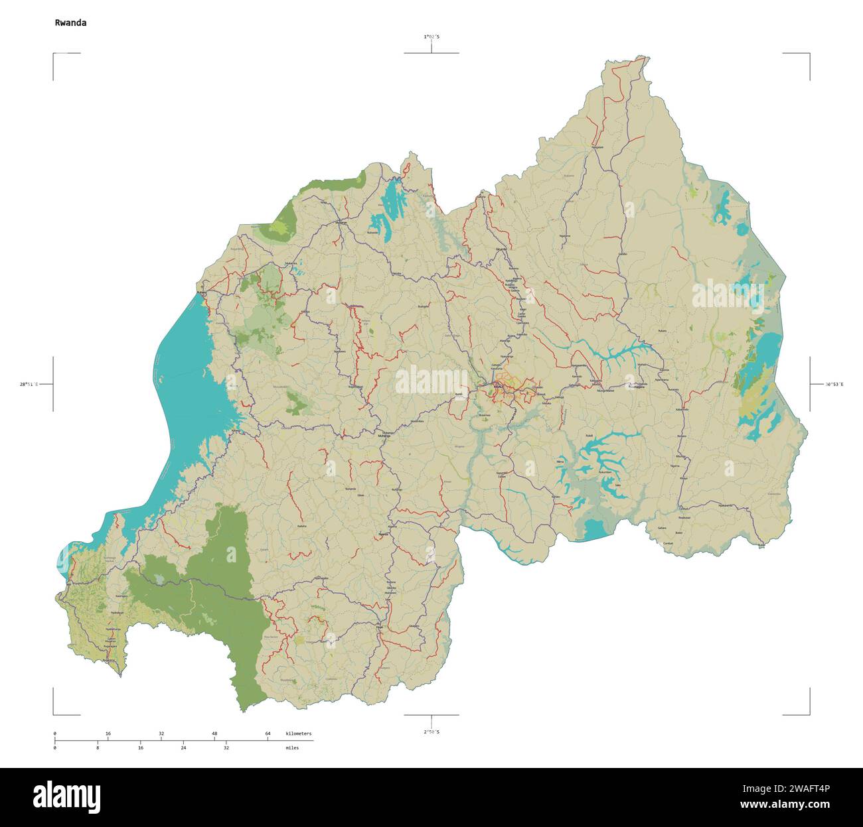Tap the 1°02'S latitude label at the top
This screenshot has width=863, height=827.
click(431, 37)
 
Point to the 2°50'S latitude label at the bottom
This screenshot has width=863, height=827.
click(431, 732)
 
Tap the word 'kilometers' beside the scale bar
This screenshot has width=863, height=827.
click(298, 733)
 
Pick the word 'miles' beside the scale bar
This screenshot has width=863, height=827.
click(292, 747)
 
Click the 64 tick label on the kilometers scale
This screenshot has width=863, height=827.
click(268, 733)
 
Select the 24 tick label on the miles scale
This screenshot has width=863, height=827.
click(183, 747)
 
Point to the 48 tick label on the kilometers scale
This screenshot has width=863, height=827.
click(214, 733)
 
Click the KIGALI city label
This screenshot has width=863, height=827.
click(498, 385)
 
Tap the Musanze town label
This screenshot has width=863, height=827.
click(342, 223)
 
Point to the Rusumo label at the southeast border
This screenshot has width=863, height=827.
click(760, 545)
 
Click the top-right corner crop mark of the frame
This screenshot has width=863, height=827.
click(809, 54)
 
